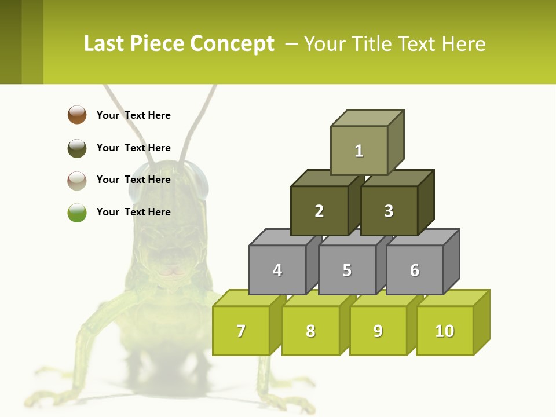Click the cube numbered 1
point(359,151)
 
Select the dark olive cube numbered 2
point(319,211)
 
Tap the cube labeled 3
point(389,211)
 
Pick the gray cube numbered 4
point(277,270)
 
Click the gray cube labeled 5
point(347,270)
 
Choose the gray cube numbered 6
point(415,270)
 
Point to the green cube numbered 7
point(241,331)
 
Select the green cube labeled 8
point(310,331)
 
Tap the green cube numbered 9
point(378,331)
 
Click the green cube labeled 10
point(445,331)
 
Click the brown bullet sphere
point(77,115)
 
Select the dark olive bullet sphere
point(77,148)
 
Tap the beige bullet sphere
point(77,180)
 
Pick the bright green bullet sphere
point(77,213)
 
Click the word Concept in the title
point(232,44)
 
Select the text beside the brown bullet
point(134,115)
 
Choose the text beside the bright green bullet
point(134,212)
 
